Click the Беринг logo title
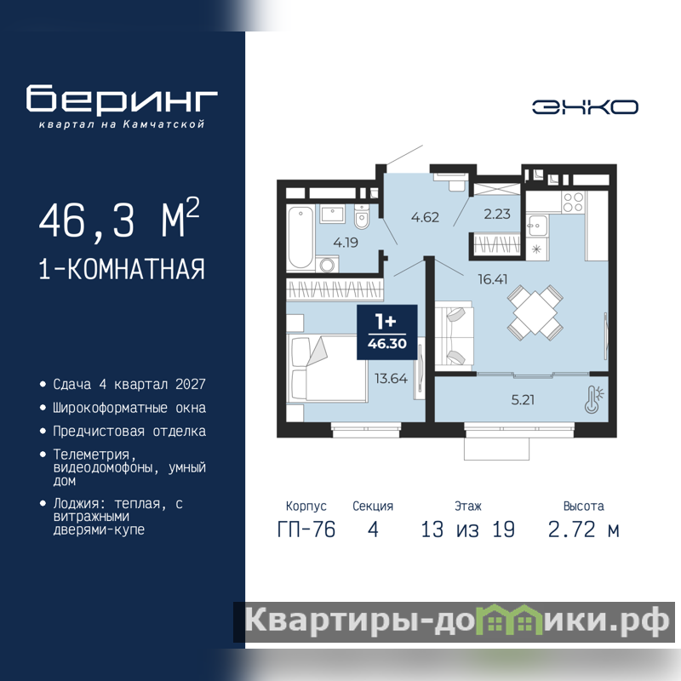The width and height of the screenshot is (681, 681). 122,99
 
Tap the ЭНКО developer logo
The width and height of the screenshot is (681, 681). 585,107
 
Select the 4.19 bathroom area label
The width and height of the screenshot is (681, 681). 346,243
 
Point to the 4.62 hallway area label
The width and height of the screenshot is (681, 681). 425,217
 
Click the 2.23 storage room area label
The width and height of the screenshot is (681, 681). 497,214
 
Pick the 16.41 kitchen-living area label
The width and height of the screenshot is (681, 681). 493,279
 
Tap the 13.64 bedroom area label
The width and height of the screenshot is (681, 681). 391,378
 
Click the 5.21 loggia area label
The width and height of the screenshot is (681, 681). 523,399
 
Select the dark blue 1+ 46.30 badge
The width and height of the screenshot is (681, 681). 387,332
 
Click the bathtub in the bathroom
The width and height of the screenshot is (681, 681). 300,237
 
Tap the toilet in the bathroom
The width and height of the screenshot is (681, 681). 361,216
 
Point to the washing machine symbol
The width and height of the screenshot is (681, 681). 327,264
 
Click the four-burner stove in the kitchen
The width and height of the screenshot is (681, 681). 573,202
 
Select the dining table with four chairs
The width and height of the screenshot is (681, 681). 535,312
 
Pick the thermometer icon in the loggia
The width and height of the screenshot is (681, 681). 593,399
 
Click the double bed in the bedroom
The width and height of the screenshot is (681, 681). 328,369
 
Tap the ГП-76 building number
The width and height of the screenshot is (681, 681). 306,529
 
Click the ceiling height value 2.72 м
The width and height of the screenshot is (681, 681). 583,529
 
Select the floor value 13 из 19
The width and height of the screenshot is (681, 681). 467,529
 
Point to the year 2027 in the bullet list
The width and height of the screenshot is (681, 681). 190,384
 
